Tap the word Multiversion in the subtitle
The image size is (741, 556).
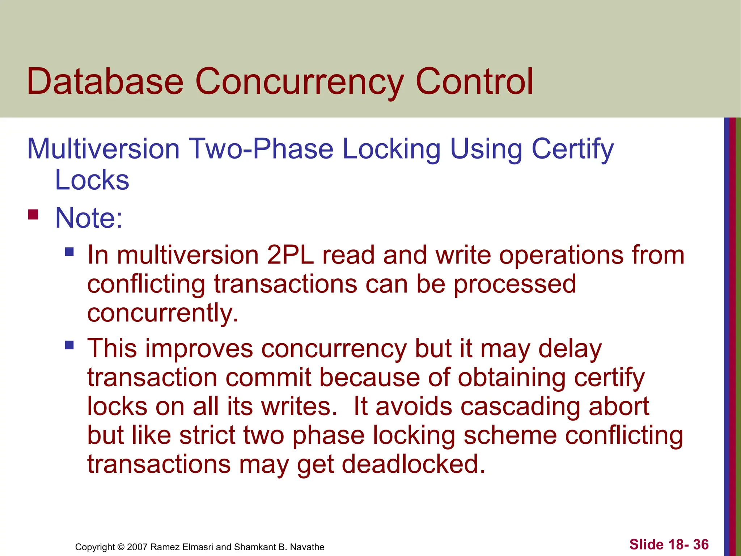click(x=103, y=149)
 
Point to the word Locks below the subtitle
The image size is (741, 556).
click(x=92, y=180)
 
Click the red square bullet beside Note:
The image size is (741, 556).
click(x=33, y=215)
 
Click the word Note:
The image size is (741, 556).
click(x=89, y=218)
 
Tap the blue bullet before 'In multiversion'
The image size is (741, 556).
click(x=69, y=252)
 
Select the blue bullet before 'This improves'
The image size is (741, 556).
click(x=69, y=345)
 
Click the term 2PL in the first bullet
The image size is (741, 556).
click(x=290, y=255)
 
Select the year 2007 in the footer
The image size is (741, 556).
click(x=137, y=547)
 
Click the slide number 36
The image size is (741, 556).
click(x=700, y=544)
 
